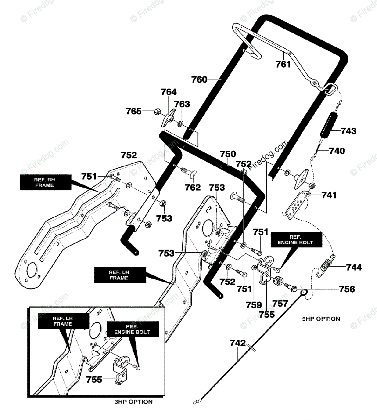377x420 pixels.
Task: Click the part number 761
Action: (283, 64)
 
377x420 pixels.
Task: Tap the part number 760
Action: (199, 79)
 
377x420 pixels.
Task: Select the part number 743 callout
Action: (348, 131)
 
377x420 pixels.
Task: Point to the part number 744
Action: (354, 267)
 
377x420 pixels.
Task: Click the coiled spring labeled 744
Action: (325, 266)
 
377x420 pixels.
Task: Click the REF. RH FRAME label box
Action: (46, 182)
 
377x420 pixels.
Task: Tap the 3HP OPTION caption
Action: (134, 402)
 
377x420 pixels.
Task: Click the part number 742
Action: (238, 343)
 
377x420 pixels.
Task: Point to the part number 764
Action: (169, 92)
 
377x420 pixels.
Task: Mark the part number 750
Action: (228, 154)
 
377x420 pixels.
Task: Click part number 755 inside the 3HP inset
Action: (94, 380)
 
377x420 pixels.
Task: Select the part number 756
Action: (347, 289)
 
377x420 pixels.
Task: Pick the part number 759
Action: (254, 305)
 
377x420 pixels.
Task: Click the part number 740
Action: (337, 151)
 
